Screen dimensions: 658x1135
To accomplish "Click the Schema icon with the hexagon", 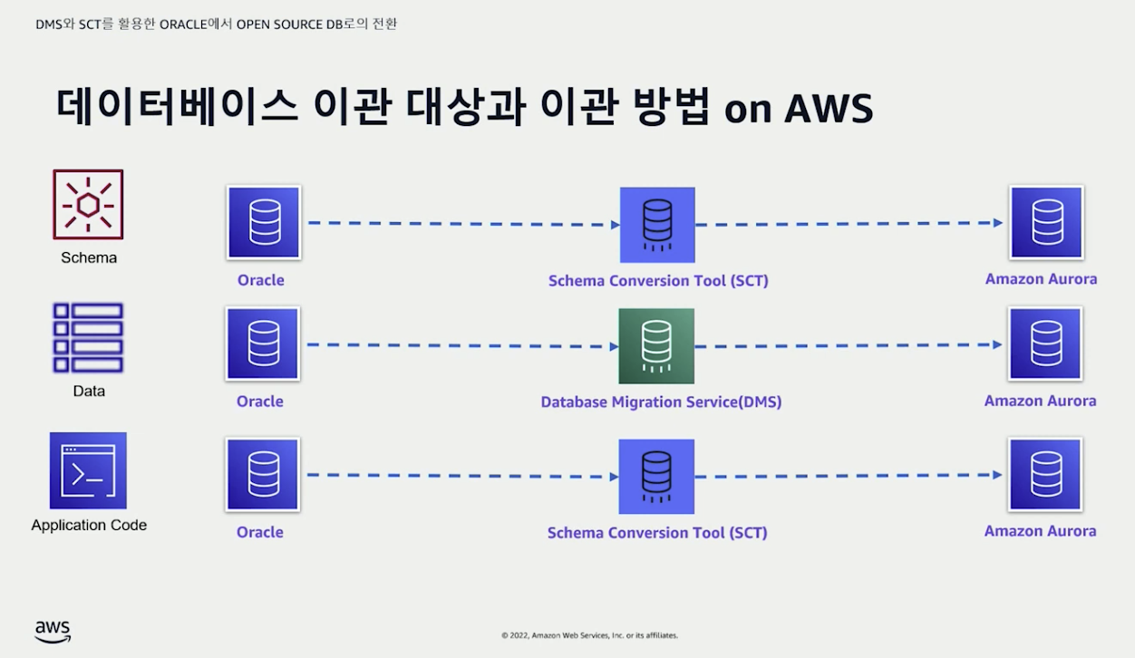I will pos(88,205).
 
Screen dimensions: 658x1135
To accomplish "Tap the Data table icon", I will pos(88,338).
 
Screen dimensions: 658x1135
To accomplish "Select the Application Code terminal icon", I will pos(88,470).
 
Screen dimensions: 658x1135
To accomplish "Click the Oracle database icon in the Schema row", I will pos(264,222).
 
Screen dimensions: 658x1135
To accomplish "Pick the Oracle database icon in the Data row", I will pos(263,344).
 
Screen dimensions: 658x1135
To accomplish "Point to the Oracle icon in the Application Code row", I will pos(263,474).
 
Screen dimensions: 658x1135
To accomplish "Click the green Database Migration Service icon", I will pos(656,345).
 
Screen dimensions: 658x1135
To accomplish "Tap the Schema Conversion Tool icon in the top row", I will pos(657,225).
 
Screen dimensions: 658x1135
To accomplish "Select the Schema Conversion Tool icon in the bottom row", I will pos(656,476).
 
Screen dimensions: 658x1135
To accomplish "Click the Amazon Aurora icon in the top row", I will pos(1046,222).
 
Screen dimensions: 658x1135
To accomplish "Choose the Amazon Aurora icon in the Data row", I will pos(1045,344).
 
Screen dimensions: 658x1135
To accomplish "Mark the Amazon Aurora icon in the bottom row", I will pos(1045,474).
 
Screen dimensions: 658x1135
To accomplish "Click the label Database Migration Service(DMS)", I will pos(661,402).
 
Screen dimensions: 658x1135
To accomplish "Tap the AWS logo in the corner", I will pos(53,631).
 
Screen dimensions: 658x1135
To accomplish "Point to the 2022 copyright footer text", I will pos(589,635).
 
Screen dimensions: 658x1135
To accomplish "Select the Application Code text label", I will pos(89,525).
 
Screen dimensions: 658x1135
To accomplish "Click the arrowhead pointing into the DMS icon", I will pos(613,346).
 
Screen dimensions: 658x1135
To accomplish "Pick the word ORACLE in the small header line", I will pos(184,24).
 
